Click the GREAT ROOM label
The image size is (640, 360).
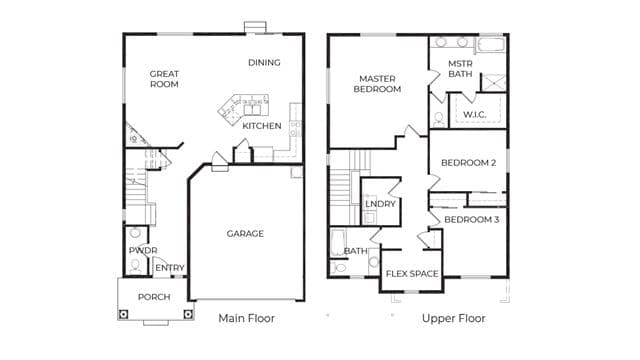tap(164, 79)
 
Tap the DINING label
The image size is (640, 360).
tap(264, 62)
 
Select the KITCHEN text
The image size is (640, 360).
tap(262, 126)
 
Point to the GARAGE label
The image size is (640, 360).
tap(245, 233)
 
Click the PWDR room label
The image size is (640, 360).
tap(143, 250)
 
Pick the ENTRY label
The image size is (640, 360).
tap(170, 268)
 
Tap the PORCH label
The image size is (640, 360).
tap(154, 297)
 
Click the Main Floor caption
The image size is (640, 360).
tap(247, 318)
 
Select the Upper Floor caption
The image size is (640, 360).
tap(453, 318)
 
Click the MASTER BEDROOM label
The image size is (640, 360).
tap(377, 84)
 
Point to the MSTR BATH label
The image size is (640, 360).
tap(460, 69)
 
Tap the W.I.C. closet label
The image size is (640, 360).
tap(474, 115)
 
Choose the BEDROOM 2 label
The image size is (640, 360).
tap(469, 163)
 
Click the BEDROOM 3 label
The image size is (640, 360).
tap(471, 220)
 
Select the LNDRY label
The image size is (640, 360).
tap(380, 204)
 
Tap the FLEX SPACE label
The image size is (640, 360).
tap(412, 273)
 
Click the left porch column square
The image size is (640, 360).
tap(123, 314)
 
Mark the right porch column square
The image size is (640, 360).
tap(188, 314)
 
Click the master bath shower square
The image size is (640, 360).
tap(494, 82)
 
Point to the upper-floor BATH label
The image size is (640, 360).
tap(356, 251)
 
